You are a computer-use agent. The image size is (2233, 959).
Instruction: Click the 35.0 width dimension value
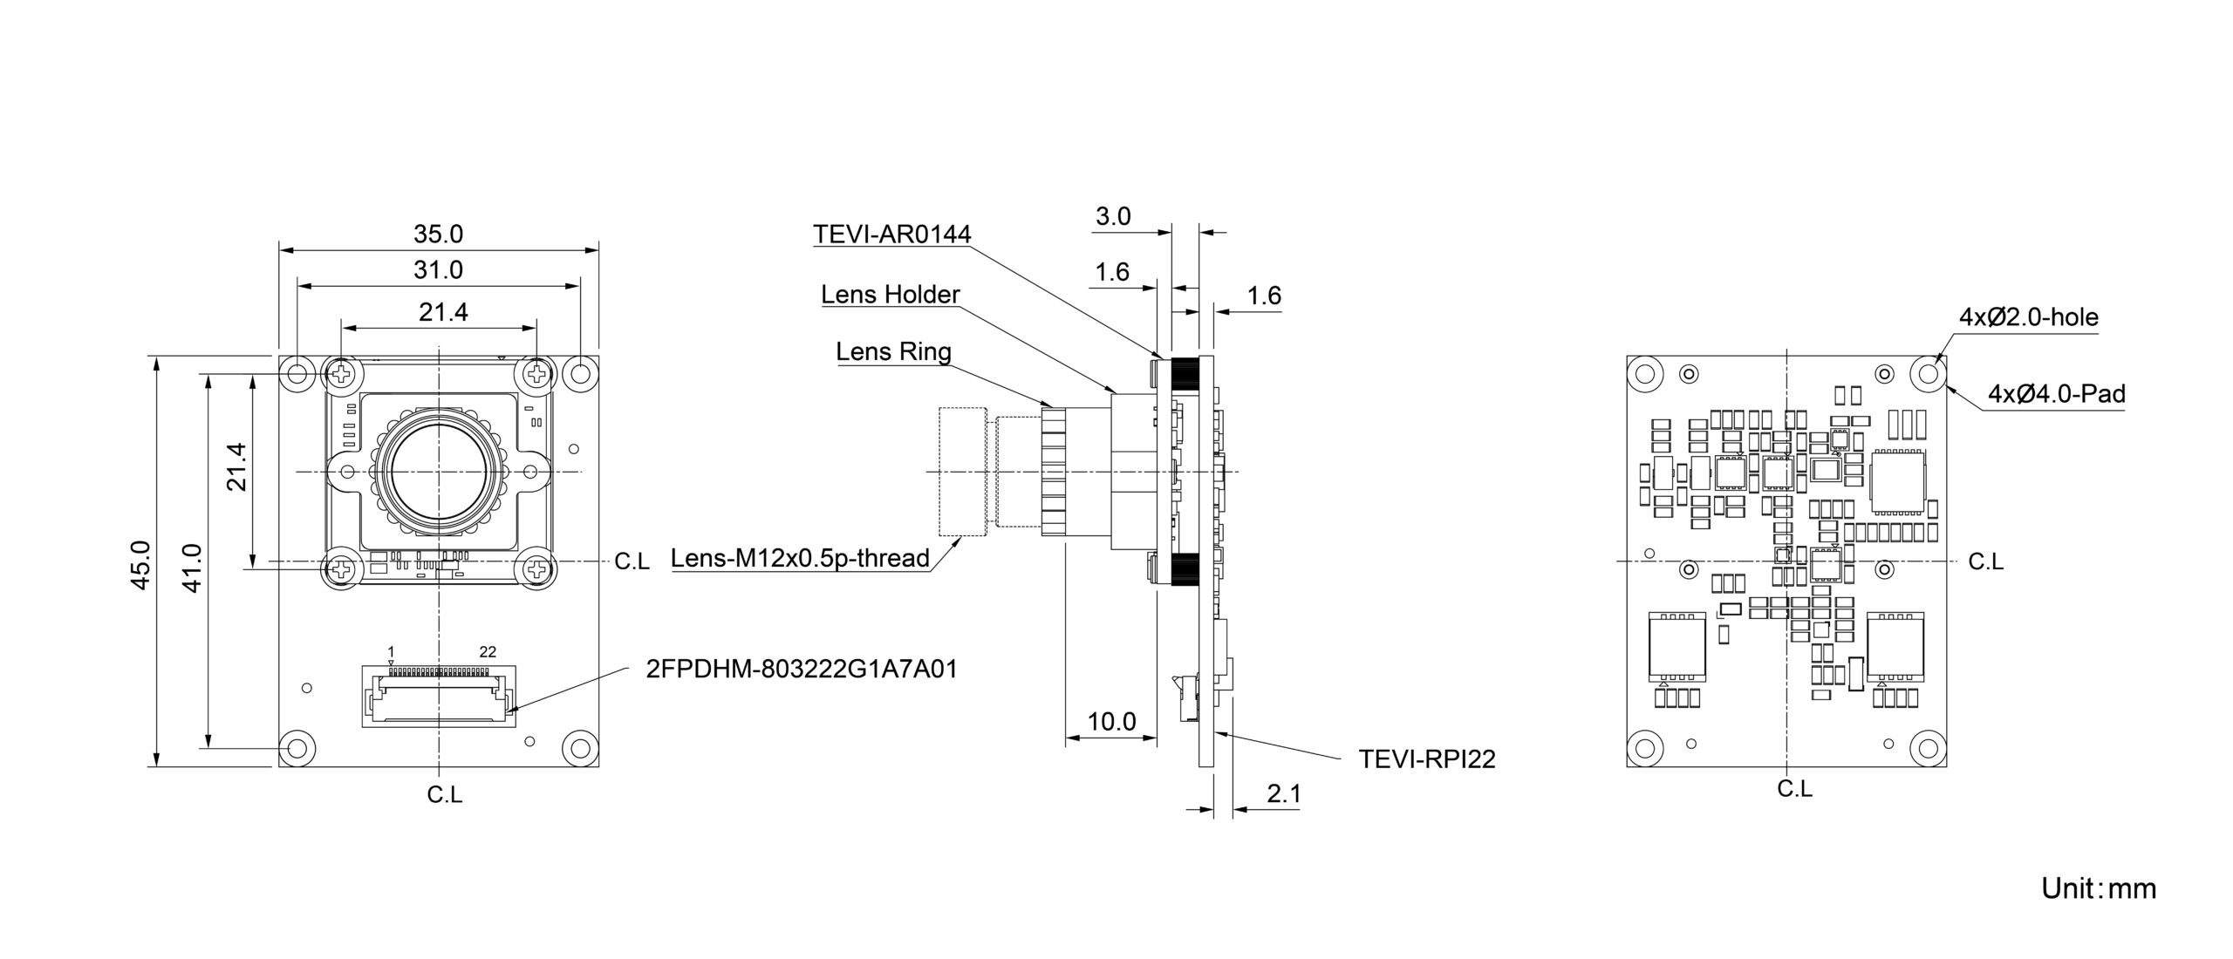point(438,234)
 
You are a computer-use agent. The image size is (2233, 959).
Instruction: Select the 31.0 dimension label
point(438,270)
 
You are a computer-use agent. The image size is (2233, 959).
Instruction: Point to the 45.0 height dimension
point(140,565)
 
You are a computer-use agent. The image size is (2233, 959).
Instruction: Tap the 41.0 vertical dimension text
point(193,568)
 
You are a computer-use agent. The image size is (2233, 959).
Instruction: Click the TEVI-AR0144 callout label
point(891,234)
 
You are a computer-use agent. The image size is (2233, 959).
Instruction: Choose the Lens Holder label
point(890,295)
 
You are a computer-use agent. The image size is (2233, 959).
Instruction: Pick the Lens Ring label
point(893,351)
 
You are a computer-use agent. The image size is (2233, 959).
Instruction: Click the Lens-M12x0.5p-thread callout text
point(800,558)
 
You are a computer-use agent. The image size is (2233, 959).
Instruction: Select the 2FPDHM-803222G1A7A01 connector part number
point(802,669)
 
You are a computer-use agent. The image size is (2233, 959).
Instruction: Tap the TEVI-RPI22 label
point(1426,759)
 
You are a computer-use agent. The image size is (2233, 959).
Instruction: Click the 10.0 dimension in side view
point(1111,721)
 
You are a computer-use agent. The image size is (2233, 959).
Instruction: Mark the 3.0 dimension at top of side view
point(1113,216)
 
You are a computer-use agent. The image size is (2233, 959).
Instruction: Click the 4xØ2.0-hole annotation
point(2029,317)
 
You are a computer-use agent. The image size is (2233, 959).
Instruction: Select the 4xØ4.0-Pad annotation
point(2056,394)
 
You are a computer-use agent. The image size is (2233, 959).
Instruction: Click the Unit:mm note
point(2098,888)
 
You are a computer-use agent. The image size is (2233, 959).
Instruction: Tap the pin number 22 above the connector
point(488,651)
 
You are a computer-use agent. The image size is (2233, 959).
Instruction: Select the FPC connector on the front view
point(438,696)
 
